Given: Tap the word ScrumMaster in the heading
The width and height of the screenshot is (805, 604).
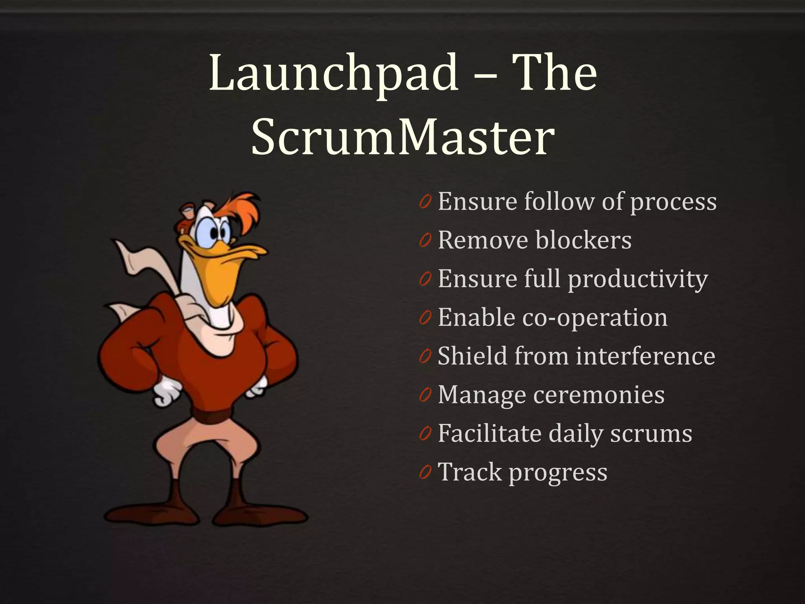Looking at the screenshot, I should point(402,137).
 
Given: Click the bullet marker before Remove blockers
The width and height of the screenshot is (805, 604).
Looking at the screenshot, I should point(425,241).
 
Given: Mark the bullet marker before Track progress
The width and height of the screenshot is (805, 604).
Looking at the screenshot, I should point(425,472).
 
